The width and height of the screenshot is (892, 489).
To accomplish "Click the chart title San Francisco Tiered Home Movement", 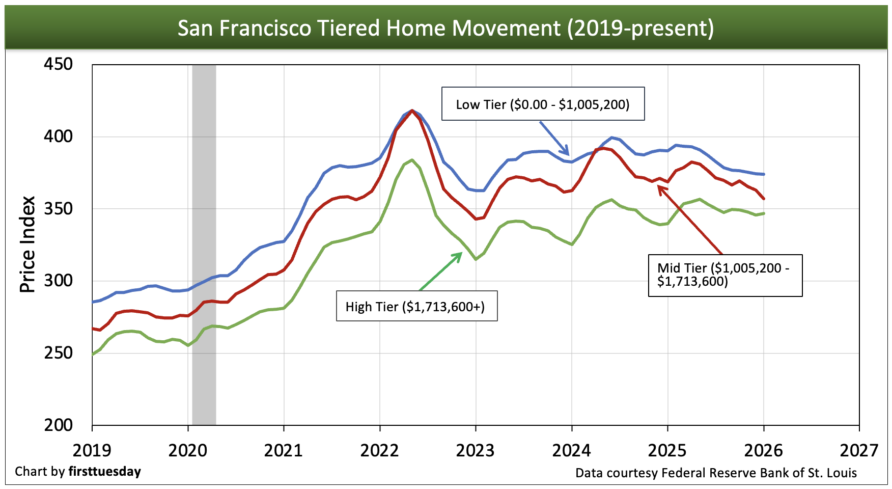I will coord(445,28).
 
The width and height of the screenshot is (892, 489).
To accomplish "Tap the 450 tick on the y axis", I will coord(58,64).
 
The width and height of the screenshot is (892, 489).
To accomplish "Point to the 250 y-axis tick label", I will coord(58,352).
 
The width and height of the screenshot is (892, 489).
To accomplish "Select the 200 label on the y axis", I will coord(58,425).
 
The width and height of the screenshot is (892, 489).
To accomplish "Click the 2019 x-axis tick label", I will coord(92,450).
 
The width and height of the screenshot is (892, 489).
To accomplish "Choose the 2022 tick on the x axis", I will coord(379,450).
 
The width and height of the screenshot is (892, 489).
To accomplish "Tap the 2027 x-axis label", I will coord(859,450).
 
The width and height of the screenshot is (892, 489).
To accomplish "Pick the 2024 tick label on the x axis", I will coord(571,450).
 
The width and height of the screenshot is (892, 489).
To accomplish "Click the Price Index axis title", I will coord(27,244).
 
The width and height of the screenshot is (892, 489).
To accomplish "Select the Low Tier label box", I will coord(543,104).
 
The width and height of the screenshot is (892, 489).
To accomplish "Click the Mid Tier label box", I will coord(725,275).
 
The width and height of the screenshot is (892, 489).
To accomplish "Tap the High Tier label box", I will coord(416,306).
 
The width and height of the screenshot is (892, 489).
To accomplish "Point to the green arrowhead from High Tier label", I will coord(460,254).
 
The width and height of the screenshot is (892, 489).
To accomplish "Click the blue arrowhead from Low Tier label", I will coord(567,152).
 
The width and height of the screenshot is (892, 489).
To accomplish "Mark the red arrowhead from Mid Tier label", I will coord(660,188).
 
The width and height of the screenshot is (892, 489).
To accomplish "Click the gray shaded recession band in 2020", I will coord(204,244).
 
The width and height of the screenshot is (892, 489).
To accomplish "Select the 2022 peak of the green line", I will coord(411,159).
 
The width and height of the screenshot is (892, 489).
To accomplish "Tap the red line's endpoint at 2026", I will coord(764,199).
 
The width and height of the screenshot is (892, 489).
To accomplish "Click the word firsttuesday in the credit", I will coord(104,471).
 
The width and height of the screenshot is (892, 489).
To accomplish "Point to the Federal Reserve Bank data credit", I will coord(716,473).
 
